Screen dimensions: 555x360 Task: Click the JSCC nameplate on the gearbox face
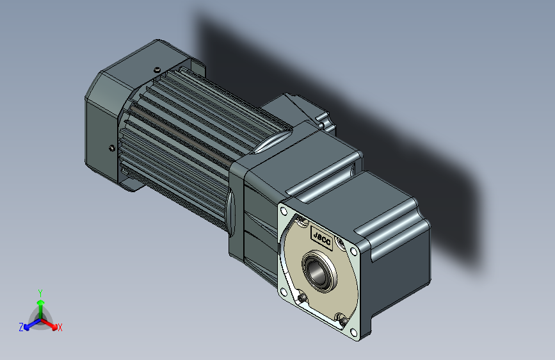click(x=322, y=238)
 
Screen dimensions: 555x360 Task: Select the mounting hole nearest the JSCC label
click(x=353, y=251)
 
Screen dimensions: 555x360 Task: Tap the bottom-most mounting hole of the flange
click(x=353, y=332)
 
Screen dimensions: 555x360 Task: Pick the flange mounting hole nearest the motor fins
click(x=283, y=211)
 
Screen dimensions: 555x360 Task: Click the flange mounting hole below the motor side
click(x=283, y=292)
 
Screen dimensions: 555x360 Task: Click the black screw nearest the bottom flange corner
click(x=342, y=321)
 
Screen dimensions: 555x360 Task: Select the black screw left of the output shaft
click(x=302, y=299)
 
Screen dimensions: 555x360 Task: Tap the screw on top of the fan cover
click(x=157, y=70)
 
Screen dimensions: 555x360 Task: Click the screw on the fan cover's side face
click(x=112, y=148)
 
